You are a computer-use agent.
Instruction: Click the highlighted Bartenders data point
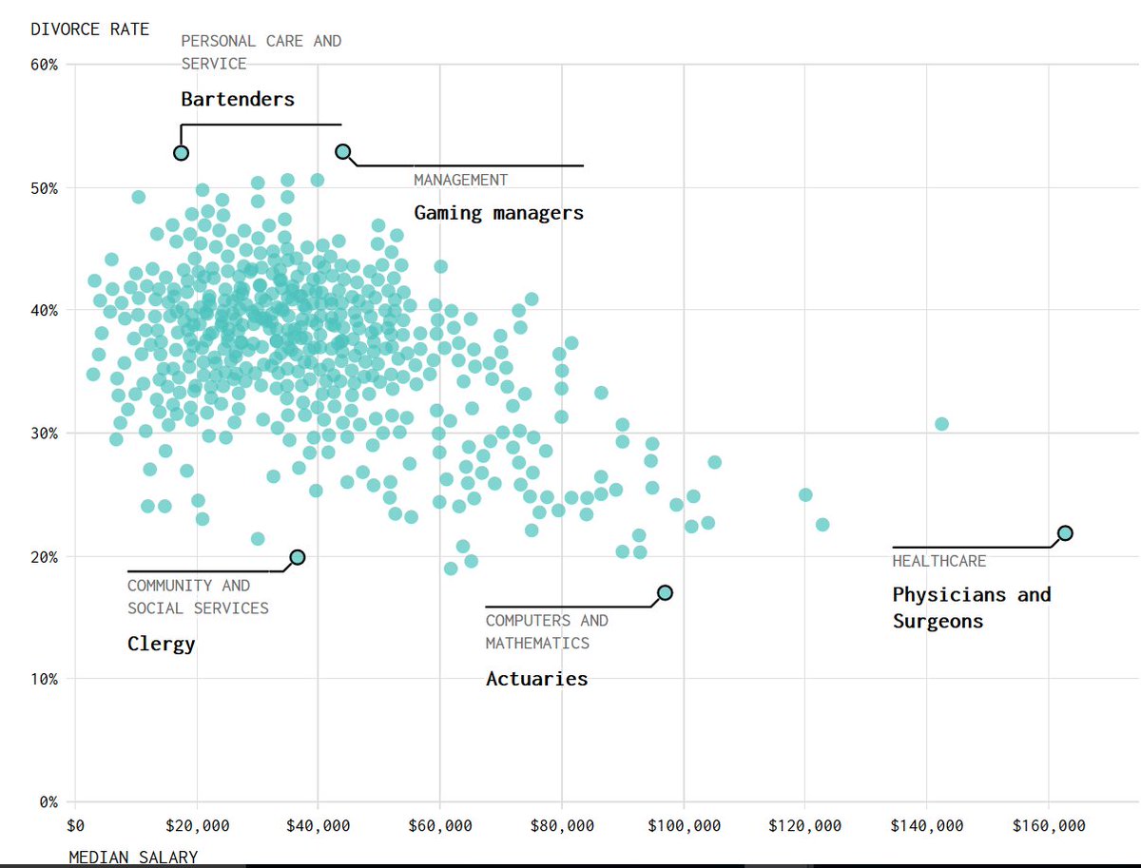182,153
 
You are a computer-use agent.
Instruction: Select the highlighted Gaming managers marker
343,152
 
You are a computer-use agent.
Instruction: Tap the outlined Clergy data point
298,557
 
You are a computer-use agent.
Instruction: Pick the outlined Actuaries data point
665,592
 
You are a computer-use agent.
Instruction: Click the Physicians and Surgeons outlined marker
1065,533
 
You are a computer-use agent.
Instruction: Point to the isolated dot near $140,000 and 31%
941,424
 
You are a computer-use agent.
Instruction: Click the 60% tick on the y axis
44,66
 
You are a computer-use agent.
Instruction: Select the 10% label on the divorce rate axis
44,679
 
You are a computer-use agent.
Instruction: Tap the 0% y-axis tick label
48,801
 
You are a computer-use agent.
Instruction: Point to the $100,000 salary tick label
683,825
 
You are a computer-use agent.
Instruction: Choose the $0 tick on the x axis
75,825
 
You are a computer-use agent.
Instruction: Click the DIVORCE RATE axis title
90,29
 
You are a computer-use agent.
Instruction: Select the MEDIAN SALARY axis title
133,858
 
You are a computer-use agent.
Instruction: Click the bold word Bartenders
238,99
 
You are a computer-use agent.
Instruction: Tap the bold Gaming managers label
498,213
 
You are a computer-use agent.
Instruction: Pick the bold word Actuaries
536,679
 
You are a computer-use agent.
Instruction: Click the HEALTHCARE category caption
939,562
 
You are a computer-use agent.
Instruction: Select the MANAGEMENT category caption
460,181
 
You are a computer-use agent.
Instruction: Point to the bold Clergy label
161,645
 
